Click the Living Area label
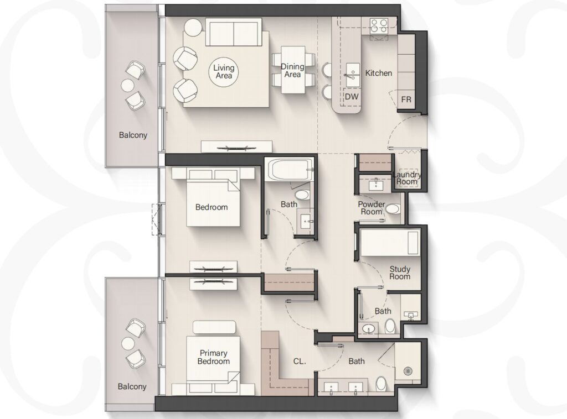point(224,71)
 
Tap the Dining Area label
point(292,70)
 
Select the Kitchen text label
point(379,73)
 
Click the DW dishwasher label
point(352,96)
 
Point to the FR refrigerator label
point(406,99)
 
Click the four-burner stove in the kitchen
point(379,25)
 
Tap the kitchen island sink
point(353,75)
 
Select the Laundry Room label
point(407,179)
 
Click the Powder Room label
point(372,208)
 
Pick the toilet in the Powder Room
point(393,208)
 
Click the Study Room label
point(400,273)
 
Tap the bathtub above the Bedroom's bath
point(290,170)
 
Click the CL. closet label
point(300,361)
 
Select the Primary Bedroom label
point(214,357)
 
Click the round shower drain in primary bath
point(408,371)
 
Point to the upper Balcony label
point(133,135)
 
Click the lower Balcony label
point(132,386)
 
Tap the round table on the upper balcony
point(128,86)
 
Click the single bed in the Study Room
point(390,243)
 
